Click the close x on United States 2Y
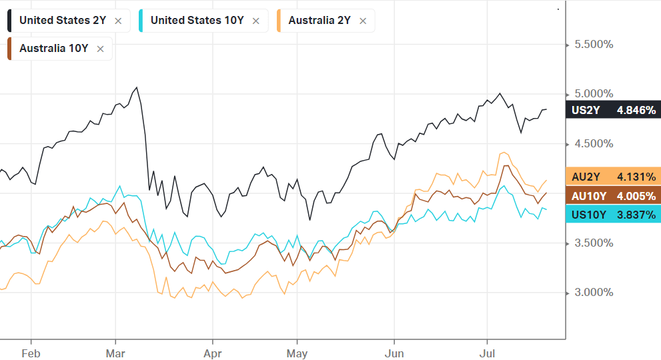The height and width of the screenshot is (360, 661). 118,21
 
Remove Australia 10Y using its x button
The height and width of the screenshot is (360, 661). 100,49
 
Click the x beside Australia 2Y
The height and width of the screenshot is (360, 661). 363,21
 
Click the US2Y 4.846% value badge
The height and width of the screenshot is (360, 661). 613,110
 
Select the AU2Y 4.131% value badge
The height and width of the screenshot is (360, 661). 613,177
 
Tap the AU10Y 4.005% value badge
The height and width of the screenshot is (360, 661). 613,195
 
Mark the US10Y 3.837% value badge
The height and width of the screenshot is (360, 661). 613,214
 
